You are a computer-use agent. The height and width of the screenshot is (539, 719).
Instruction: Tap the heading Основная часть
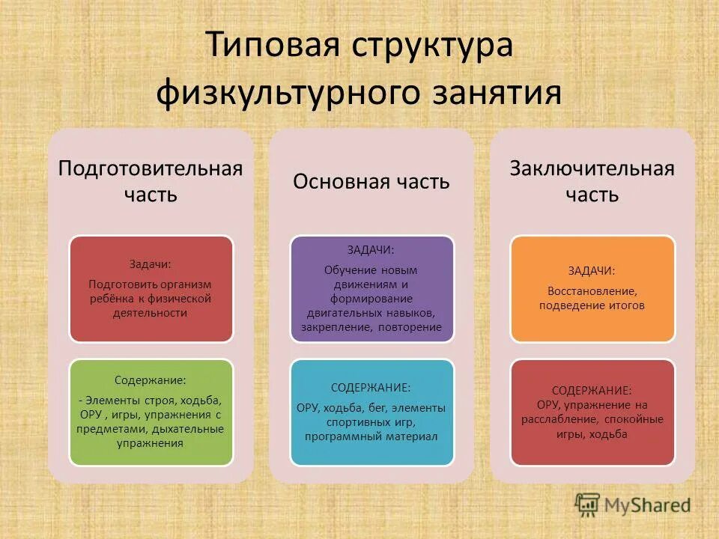(x=371, y=181)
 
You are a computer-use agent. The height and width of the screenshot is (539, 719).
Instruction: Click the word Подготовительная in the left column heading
(x=151, y=167)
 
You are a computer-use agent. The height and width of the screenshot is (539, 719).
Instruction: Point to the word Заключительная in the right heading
(x=592, y=167)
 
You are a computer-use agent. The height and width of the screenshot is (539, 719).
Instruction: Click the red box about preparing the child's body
(x=151, y=289)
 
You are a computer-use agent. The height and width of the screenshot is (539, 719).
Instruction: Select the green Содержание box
(x=151, y=412)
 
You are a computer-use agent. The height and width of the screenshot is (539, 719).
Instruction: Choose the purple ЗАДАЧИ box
(x=371, y=289)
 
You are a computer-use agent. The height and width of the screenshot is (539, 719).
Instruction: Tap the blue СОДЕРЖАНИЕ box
(x=371, y=412)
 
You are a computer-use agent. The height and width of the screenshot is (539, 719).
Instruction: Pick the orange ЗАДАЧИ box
(x=592, y=289)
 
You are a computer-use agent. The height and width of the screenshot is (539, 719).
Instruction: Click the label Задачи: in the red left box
(x=151, y=264)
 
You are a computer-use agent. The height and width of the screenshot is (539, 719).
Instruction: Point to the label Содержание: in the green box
(x=151, y=380)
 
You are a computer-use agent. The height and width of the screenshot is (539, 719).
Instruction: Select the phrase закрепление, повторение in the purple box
(x=371, y=327)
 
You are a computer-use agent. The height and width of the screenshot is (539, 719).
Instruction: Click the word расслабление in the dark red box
(x=559, y=419)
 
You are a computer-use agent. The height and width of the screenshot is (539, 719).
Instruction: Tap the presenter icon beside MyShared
(x=588, y=505)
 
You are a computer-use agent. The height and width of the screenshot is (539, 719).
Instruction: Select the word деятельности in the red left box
(x=151, y=314)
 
